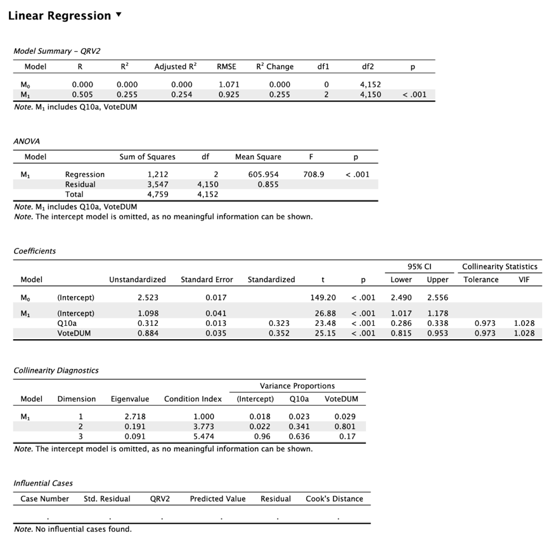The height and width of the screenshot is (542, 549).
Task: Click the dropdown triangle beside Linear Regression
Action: coord(119,15)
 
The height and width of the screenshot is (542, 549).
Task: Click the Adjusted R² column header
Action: coord(175,67)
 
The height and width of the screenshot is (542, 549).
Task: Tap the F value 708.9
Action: coord(314,174)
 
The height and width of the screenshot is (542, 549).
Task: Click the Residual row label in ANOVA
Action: coord(81,184)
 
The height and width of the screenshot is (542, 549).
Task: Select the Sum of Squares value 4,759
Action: coord(158,195)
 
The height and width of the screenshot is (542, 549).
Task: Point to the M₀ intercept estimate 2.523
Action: coord(148,297)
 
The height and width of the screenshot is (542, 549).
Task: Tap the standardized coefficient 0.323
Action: coord(279,323)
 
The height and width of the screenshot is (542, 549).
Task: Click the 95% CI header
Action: coord(419,267)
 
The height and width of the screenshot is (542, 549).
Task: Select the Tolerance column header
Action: coord(481,280)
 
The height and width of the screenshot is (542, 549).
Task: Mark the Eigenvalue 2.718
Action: coord(134,416)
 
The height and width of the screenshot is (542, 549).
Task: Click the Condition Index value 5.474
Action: coord(203,436)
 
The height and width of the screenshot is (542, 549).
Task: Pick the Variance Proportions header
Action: coord(297,386)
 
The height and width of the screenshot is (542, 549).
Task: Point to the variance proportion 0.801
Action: coord(345,427)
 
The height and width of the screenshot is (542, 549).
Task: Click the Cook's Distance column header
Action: coord(334,499)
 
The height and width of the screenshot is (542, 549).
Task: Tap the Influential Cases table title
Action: coord(43,483)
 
